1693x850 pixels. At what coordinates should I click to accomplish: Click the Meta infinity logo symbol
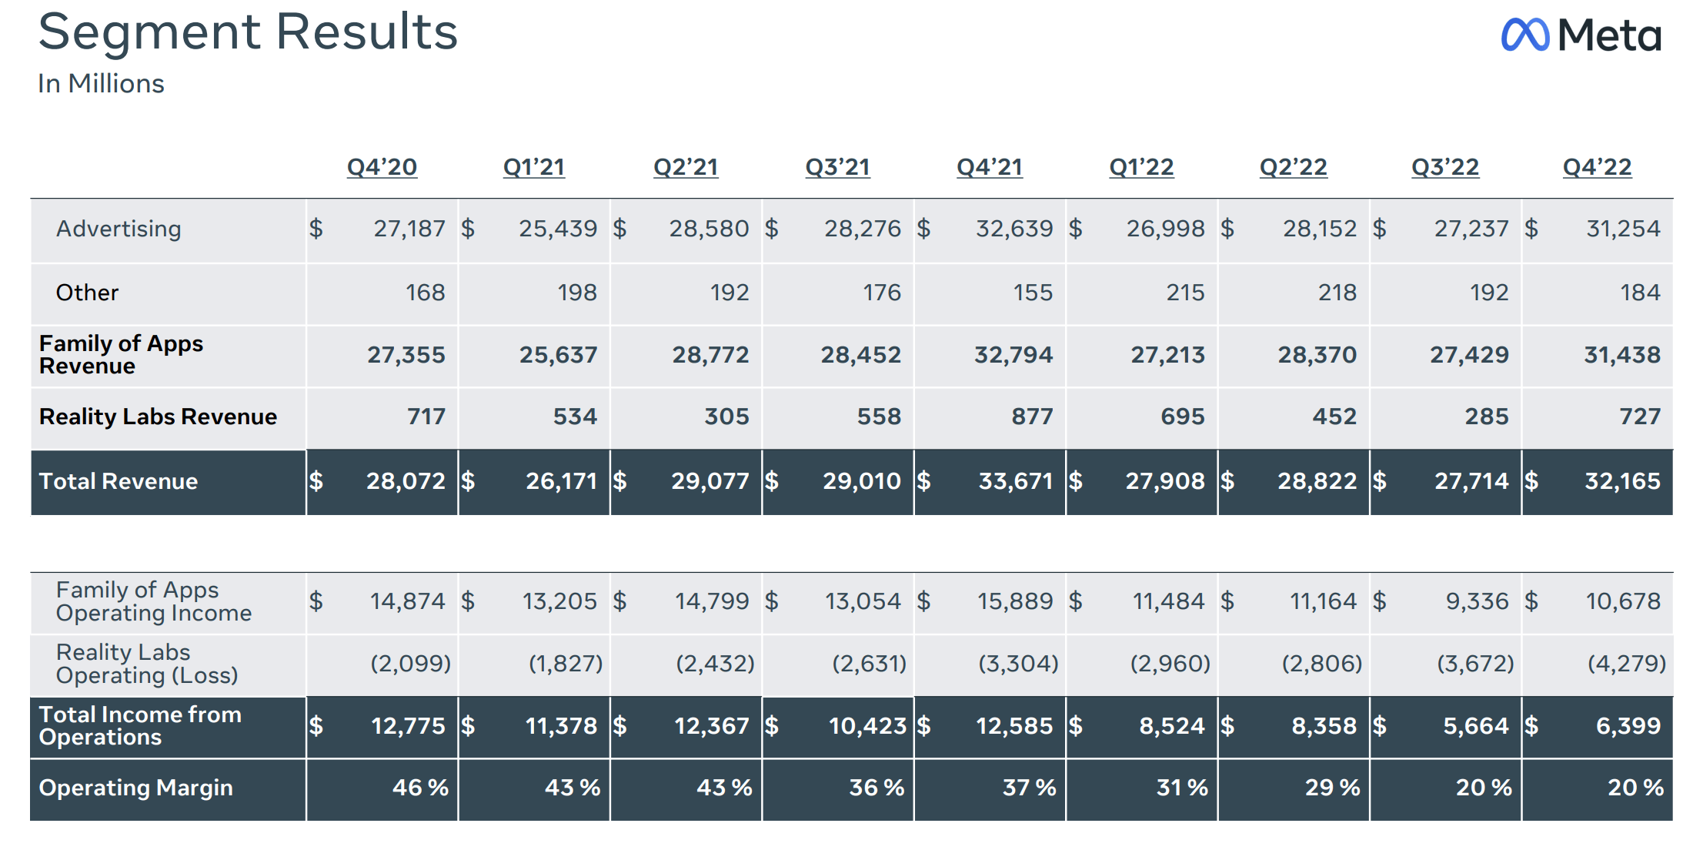1524,35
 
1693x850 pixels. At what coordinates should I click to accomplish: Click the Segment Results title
248,32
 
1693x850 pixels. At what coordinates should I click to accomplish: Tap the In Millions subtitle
101,83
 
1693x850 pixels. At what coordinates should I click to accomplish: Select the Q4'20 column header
382,167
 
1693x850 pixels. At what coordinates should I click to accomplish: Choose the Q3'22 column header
1444,167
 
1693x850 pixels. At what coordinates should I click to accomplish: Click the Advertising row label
119,229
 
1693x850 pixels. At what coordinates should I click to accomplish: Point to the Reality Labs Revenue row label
158,417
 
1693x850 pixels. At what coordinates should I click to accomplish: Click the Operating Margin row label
135,788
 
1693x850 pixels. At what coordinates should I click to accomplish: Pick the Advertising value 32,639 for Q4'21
1013,229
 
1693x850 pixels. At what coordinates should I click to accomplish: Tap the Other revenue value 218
1337,293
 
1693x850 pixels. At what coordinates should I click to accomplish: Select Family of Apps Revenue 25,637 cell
558,355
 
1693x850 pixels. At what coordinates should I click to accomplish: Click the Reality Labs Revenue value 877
1031,417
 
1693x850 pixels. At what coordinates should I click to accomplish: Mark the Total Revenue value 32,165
1622,481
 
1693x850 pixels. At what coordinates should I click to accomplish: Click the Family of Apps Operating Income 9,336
1477,601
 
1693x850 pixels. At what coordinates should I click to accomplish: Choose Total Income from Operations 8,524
1171,726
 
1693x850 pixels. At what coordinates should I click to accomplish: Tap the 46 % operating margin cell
420,788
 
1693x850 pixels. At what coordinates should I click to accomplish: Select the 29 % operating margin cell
1332,788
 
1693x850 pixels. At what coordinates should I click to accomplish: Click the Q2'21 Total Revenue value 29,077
710,481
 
